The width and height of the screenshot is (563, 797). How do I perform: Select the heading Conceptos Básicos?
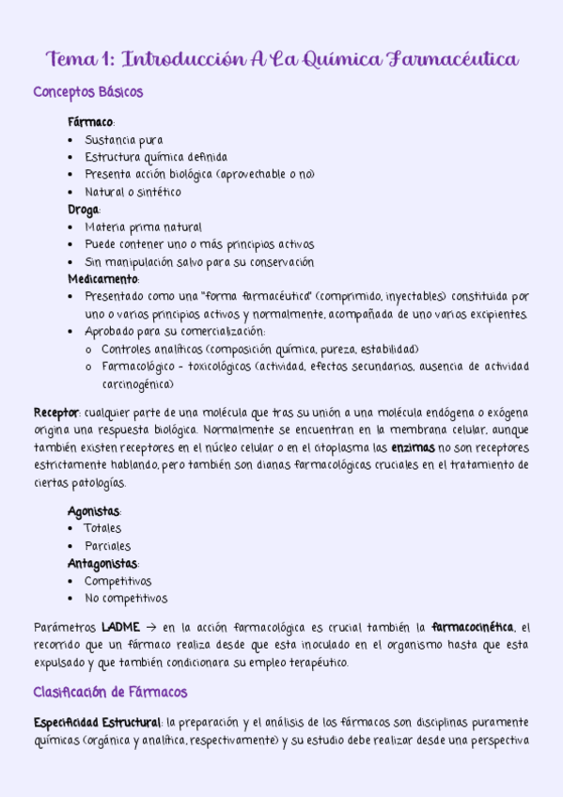click(x=88, y=93)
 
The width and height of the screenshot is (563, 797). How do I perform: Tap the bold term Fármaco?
click(x=90, y=122)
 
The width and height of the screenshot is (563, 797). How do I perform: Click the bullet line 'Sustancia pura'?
click(x=123, y=140)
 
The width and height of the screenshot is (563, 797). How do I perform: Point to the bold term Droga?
click(x=84, y=210)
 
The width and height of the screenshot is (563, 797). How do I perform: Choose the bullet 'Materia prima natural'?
click(x=143, y=227)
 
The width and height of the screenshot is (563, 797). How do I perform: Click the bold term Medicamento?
click(x=103, y=279)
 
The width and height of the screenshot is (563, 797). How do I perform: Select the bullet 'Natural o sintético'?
click(x=133, y=193)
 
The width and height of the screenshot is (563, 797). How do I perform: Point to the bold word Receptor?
click(x=55, y=413)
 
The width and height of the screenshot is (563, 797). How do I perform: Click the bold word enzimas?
click(x=413, y=447)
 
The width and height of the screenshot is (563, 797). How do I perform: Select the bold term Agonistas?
click(x=94, y=511)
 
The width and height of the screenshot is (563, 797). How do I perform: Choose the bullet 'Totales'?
click(x=103, y=528)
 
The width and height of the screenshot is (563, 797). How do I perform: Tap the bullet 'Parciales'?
click(x=108, y=546)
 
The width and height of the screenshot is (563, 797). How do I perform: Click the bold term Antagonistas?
click(x=102, y=564)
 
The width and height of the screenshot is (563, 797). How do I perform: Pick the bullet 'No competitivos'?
click(x=126, y=598)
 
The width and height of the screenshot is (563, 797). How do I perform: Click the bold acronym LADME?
click(x=120, y=627)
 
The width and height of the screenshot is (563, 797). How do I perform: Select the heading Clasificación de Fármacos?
click(x=110, y=693)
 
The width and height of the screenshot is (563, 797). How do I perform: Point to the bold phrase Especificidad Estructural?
click(x=98, y=723)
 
